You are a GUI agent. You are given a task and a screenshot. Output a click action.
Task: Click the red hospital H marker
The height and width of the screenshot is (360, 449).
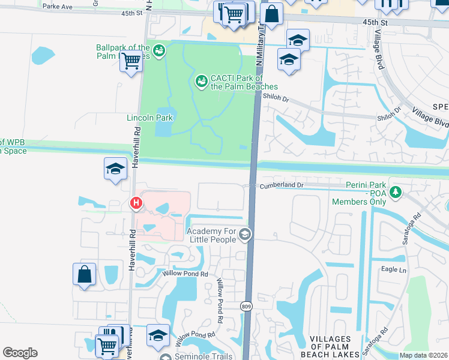click(137, 204)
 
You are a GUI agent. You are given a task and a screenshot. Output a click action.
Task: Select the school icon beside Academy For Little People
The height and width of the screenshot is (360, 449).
click(244, 234)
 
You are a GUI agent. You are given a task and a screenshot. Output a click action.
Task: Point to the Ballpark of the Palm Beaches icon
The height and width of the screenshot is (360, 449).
click(159, 50)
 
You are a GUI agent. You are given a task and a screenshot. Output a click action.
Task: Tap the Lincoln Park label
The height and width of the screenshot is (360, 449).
click(149, 118)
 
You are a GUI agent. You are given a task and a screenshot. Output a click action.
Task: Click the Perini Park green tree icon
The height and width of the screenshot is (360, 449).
click(396, 192)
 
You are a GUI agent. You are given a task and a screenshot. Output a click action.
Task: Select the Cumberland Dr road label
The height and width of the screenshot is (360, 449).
click(282, 186)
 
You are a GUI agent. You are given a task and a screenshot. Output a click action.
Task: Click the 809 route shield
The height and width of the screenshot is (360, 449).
click(248, 306)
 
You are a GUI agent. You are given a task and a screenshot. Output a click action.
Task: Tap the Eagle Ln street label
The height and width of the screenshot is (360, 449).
click(394, 270)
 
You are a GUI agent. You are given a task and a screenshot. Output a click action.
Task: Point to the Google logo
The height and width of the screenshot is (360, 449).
click(20, 352)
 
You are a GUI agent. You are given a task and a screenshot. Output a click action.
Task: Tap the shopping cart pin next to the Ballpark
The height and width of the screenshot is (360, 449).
click(131, 61)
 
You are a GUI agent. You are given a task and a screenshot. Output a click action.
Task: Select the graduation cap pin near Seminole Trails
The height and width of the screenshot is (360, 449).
click(158, 336)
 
